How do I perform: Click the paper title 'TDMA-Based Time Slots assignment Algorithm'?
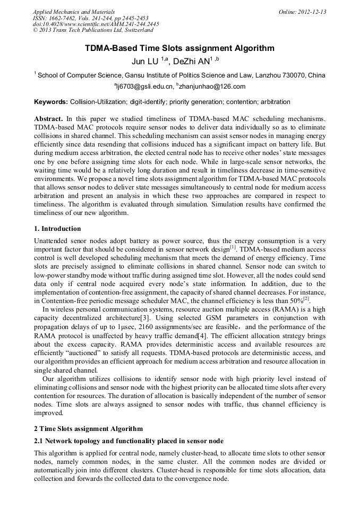pos(180,48)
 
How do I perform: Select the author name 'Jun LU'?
pos(145,61)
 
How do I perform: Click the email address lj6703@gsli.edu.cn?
pos(144,87)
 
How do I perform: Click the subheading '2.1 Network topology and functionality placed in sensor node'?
pos(128,441)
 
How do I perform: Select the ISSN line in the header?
pos(90,18)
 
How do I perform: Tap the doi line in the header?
pos(96,24)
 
